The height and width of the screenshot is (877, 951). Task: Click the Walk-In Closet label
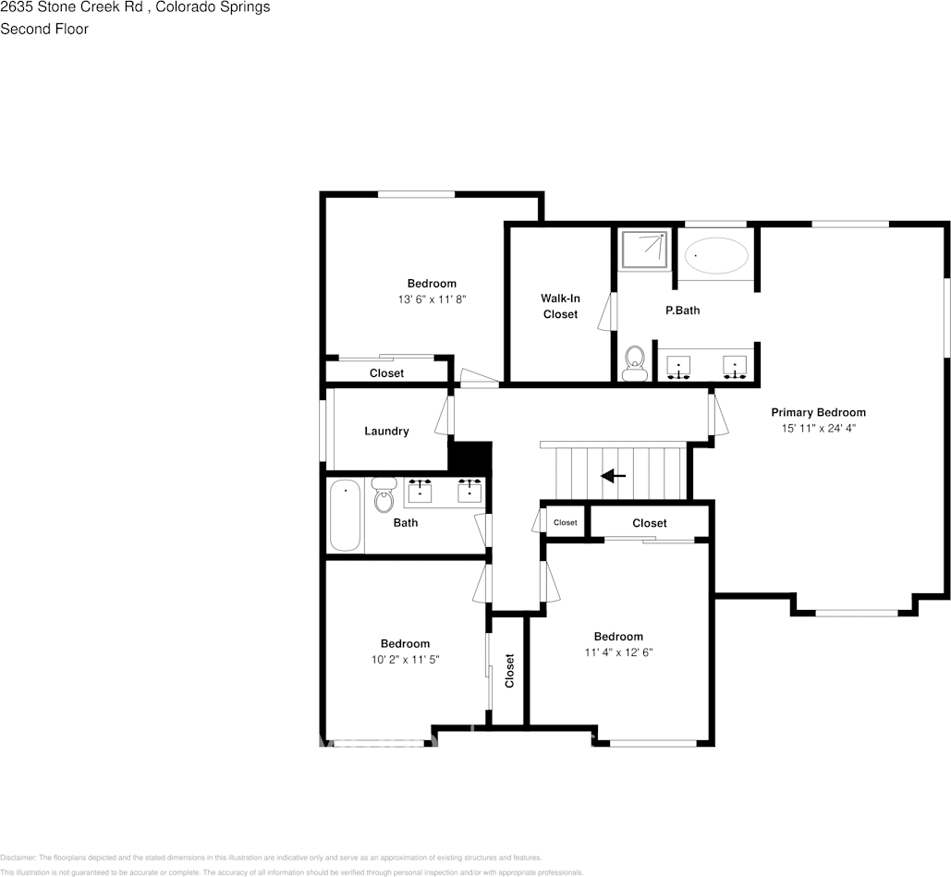pyautogui.click(x=560, y=306)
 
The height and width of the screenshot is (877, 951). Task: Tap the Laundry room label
pyautogui.click(x=386, y=431)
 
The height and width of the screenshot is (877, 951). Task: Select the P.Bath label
pyautogui.click(x=683, y=311)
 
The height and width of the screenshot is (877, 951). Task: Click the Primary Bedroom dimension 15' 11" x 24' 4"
pyautogui.click(x=819, y=428)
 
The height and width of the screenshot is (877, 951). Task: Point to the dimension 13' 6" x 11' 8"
pyautogui.click(x=432, y=299)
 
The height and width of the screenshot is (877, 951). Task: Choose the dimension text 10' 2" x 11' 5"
pyautogui.click(x=405, y=660)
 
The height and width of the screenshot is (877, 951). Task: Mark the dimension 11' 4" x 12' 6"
pyautogui.click(x=618, y=652)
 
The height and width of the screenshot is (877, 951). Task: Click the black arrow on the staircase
pyautogui.click(x=613, y=476)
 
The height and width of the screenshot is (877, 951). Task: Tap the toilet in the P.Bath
pyautogui.click(x=634, y=363)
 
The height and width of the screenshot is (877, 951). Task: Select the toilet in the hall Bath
pyautogui.click(x=384, y=496)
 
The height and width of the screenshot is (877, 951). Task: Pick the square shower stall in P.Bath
pyautogui.click(x=644, y=250)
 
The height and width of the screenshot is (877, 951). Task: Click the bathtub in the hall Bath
pyautogui.click(x=345, y=515)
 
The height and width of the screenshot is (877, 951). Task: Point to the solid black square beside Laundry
pyautogui.click(x=469, y=456)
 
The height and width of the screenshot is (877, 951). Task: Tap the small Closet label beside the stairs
pyautogui.click(x=565, y=523)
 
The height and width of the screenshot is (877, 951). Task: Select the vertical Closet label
pyautogui.click(x=509, y=671)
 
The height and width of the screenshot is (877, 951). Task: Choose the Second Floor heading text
pyautogui.click(x=44, y=29)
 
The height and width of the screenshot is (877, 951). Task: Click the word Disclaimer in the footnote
pyautogui.click(x=18, y=858)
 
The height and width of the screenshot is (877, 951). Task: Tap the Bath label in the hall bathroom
pyautogui.click(x=406, y=523)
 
